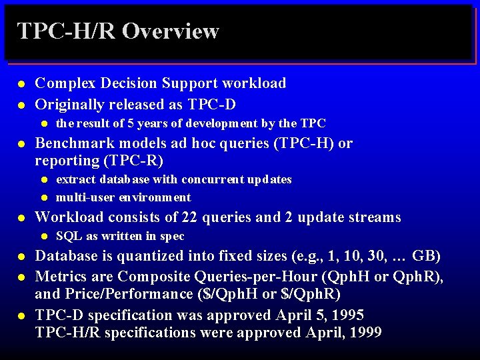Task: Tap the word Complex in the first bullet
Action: pos(61,83)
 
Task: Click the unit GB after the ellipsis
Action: pos(426,256)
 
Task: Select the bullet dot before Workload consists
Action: pos(21,217)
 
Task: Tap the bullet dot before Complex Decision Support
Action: pos(21,84)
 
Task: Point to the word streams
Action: pos(375,217)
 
